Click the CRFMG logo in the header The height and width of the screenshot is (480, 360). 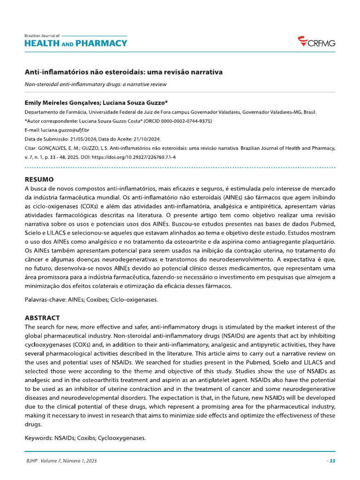pyautogui.click(x=317, y=43)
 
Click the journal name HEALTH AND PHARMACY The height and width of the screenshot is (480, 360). pyautogui.click(x=75, y=44)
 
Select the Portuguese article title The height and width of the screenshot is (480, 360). pyautogui.click(x=123, y=73)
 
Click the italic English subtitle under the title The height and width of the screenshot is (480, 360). pyautogui.click(x=96, y=84)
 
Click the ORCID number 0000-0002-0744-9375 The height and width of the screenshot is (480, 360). pyautogui.click(x=187, y=121)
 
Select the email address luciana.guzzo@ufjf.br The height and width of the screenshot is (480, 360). pyautogui.click(x=65, y=130)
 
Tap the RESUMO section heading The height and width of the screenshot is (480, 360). pyautogui.click(x=39, y=180)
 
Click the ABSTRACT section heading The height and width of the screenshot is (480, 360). pyautogui.click(x=42, y=318)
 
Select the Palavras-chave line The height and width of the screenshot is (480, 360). pyautogui.click(x=91, y=300)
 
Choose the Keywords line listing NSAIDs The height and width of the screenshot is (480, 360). pyautogui.click(x=85, y=438)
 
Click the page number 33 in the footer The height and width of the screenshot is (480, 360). pyautogui.click(x=331, y=461)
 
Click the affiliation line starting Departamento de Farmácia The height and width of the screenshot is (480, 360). pyautogui.click(x=170, y=112)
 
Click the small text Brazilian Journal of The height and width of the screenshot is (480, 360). pyautogui.click(x=42, y=36)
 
